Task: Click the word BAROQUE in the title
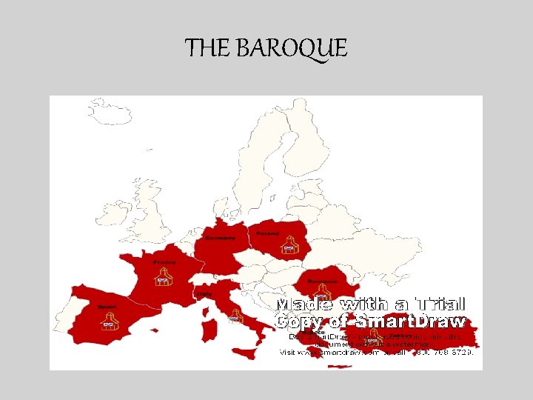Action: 292,49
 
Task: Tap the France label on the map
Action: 162,262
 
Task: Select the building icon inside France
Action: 163,278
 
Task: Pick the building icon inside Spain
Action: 108,321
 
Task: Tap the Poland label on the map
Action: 268,233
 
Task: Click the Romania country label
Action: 319,281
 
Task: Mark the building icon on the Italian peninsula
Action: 235,317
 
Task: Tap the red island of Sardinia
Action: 210,330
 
